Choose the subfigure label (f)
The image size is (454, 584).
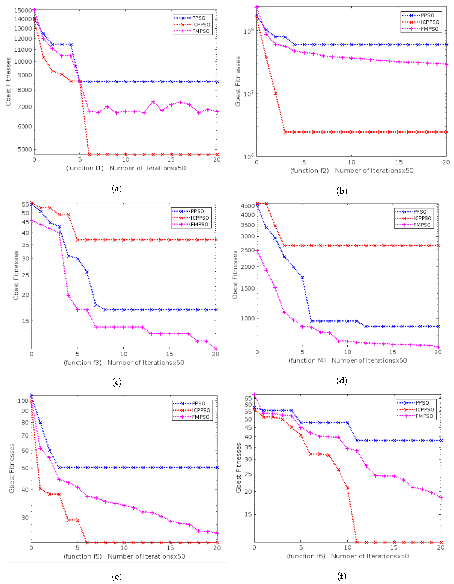(x=342, y=576)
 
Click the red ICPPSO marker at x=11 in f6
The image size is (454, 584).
(x=357, y=542)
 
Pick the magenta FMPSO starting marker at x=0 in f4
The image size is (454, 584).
(x=257, y=251)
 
